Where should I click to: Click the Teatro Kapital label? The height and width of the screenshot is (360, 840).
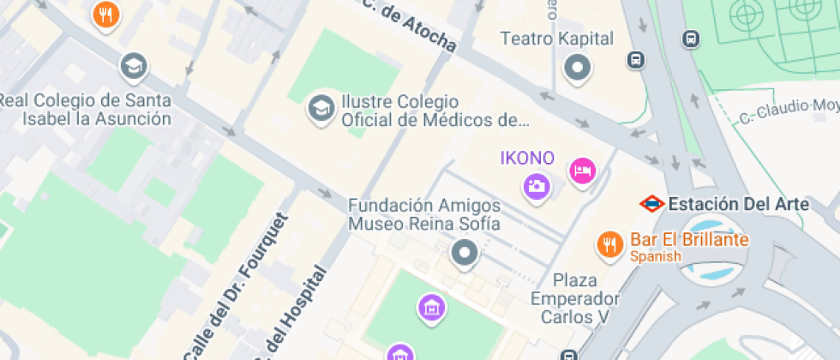tap(557, 39)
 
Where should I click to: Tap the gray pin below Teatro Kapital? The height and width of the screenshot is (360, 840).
tap(578, 67)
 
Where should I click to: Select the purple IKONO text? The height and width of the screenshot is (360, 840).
tap(527, 159)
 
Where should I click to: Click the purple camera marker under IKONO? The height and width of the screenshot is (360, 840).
tap(537, 185)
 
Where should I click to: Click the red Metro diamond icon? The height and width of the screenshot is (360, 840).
tap(652, 204)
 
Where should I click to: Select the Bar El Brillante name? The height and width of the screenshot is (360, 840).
tap(689, 239)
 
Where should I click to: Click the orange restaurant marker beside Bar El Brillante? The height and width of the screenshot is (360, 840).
tap(609, 244)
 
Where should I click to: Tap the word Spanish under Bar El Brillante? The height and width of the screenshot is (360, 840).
tap(656, 256)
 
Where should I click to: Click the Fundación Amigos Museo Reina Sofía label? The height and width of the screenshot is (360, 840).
tap(423, 215)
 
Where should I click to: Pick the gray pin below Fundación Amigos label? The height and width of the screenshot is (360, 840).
tap(465, 252)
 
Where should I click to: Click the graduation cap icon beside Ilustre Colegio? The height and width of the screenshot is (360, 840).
tap(321, 108)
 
